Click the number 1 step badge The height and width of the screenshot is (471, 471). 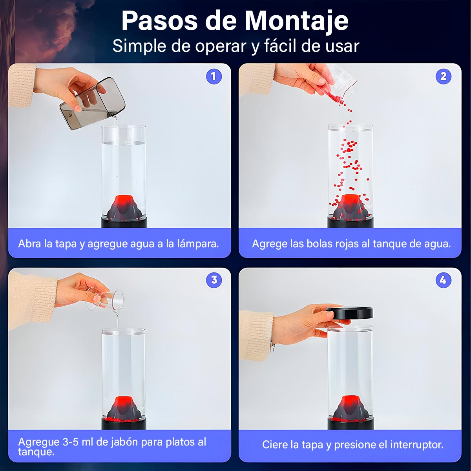[x=214, y=77]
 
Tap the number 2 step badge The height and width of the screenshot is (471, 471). [x=444, y=77]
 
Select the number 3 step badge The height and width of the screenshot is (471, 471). [x=214, y=280]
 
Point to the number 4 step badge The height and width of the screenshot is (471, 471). [x=444, y=280]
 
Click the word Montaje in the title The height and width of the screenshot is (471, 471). [x=296, y=22]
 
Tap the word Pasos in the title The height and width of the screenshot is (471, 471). [x=160, y=21]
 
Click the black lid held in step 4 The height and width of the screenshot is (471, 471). [x=349, y=312]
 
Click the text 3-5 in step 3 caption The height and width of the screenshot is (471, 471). [x=71, y=442]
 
